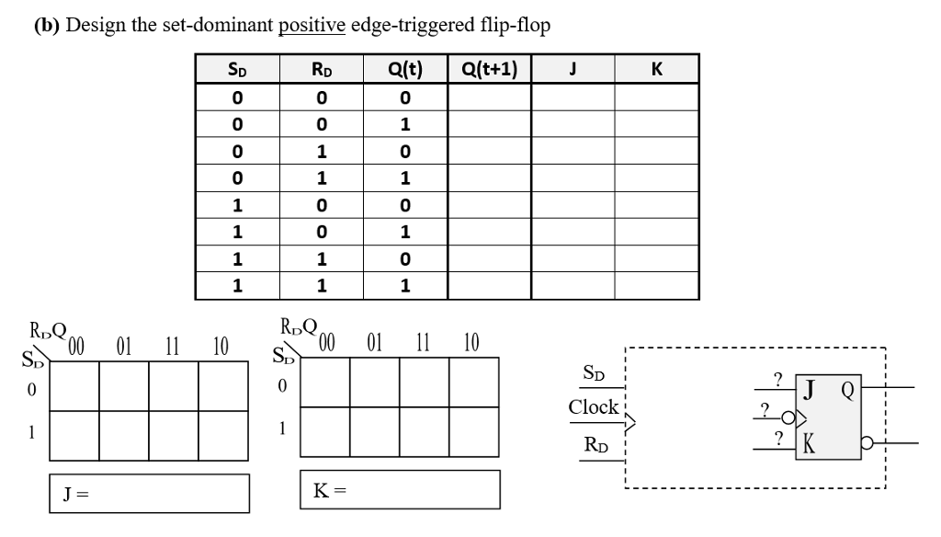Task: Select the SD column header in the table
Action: click(236, 69)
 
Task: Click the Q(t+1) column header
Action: click(489, 69)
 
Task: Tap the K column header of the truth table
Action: click(656, 69)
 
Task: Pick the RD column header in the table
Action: click(321, 69)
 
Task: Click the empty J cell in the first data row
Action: click(573, 97)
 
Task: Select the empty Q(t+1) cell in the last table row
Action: click(489, 285)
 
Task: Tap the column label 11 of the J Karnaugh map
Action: click(172, 348)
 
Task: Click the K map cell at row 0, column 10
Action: click(474, 380)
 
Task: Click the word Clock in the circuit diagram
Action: click(593, 406)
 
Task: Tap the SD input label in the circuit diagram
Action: click(595, 373)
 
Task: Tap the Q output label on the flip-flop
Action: click(850, 388)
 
